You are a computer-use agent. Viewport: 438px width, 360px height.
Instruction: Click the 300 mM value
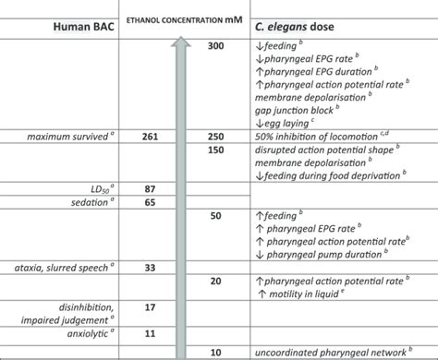pyautogui.click(x=216, y=46)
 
